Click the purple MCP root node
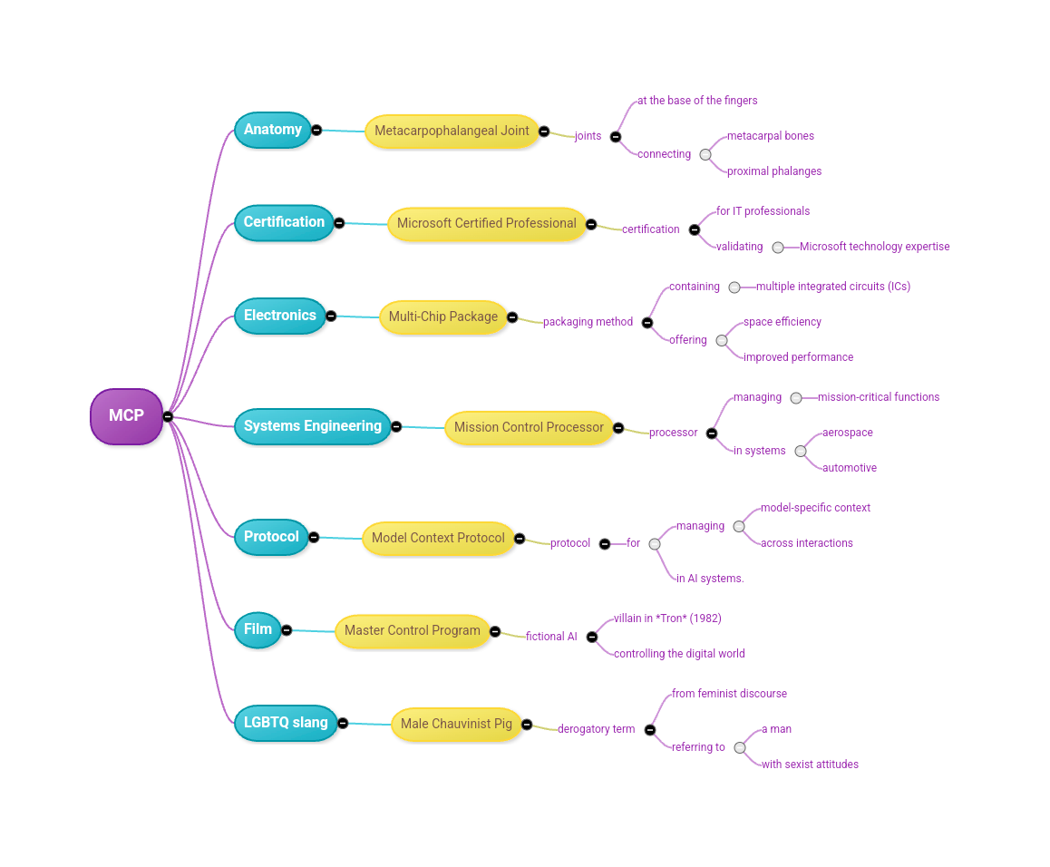click(126, 416)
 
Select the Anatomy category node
click(272, 130)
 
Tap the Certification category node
click(284, 222)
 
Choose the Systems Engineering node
click(312, 426)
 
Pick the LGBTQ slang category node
click(285, 723)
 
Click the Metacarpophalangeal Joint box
click(452, 131)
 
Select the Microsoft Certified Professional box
click(486, 223)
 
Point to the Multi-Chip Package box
click(442, 317)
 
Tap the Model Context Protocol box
click(438, 538)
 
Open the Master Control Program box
click(412, 630)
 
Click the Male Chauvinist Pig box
click(456, 724)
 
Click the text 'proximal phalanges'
click(773, 171)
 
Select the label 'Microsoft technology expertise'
click(874, 247)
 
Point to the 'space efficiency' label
click(782, 322)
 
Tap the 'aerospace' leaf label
click(847, 433)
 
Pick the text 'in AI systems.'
click(709, 579)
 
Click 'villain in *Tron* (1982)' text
click(666, 619)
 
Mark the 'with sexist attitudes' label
click(810, 765)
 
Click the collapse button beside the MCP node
click(168, 416)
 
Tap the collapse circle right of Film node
click(287, 630)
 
